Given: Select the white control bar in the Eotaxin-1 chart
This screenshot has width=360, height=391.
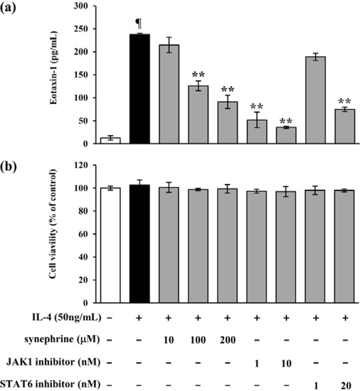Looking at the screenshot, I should point(108,140).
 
